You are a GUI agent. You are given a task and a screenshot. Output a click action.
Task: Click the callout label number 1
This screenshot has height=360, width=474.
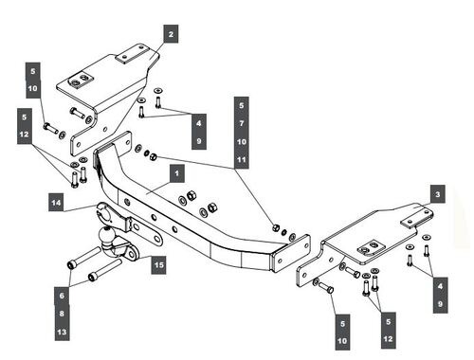coord(177,173)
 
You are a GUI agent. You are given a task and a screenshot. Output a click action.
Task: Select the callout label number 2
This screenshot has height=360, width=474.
coord(171,34)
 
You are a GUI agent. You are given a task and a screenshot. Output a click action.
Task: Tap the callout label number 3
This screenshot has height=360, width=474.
coord(438,194)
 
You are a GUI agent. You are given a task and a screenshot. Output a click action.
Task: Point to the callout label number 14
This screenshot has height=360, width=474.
coord(56,202)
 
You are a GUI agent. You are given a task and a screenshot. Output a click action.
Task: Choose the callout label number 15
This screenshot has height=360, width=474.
coord(159,264)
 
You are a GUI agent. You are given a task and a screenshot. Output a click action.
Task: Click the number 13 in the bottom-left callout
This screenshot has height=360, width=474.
coord(62,332)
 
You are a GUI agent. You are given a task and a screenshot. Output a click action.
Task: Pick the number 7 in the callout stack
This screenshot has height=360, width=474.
coord(242,123)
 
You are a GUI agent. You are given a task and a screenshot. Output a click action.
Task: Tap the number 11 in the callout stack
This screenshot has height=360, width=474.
coord(242,159)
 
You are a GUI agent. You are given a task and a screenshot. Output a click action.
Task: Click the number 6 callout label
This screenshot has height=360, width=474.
coord(62,296)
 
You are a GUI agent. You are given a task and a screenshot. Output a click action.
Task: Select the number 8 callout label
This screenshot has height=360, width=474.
coord(62,314)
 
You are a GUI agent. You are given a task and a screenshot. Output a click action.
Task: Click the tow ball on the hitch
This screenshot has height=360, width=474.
coord(106,236)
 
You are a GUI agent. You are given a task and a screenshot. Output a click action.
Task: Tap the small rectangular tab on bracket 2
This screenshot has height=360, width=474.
coord(132,54)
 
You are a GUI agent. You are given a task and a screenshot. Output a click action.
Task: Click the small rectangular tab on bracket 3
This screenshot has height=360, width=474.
coord(416,219)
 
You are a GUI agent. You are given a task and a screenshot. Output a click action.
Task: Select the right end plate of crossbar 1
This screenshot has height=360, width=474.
coord(290,253)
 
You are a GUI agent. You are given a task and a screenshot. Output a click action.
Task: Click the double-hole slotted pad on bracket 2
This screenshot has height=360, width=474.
coord(81,81)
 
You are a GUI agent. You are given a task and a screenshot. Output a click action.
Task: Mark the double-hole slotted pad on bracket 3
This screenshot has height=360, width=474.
coord(372,247)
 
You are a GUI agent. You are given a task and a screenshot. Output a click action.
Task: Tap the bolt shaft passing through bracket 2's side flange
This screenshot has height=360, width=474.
coord(78,113)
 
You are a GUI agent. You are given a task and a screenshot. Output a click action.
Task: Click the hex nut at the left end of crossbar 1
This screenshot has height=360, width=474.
coord(154,156)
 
